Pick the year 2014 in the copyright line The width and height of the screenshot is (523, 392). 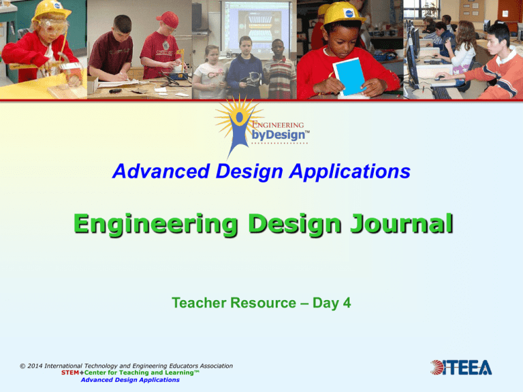39,366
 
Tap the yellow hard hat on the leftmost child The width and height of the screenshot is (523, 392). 51,9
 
